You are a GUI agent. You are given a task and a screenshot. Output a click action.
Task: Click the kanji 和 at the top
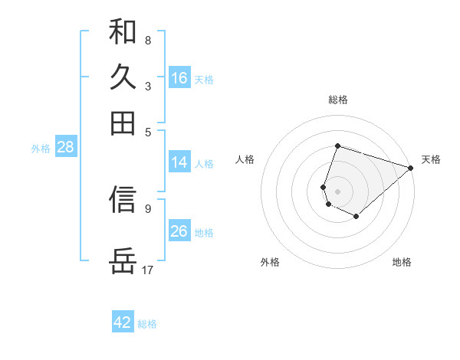(x=123, y=32)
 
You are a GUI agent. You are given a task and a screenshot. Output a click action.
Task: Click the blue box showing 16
(x=179, y=78)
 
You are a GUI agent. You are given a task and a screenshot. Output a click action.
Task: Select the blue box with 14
(x=179, y=162)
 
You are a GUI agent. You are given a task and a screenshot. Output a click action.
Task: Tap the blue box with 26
(x=179, y=231)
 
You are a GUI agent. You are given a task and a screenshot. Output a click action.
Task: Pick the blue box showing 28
(x=65, y=148)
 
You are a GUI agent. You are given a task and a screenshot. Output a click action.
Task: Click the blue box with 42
(x=123, y=322)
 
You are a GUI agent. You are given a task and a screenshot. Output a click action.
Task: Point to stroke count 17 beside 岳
(x=148, y=270)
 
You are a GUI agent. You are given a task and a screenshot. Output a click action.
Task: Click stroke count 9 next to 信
(x=147, y=208)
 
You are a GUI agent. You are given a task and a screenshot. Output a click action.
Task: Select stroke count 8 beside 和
(x=147, y=40)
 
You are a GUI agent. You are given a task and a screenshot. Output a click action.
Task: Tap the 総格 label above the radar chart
(x=337, y=100)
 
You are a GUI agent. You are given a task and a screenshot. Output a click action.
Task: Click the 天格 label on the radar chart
(x=431, y=159)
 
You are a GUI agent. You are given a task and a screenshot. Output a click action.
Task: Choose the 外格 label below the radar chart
(x=270, y=262)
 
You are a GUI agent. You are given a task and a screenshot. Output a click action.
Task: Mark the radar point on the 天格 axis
(x=411, y=168)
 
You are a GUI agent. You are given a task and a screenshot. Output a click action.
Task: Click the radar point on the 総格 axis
(x=337, y=146)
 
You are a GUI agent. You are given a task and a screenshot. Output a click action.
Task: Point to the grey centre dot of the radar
(x=337, y=191)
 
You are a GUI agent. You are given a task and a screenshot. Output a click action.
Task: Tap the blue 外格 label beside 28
(x=40, y=149)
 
